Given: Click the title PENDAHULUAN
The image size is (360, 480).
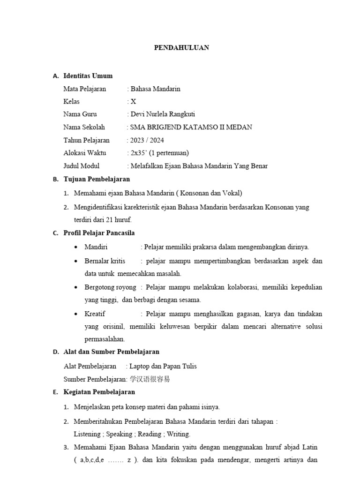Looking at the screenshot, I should [181, 48].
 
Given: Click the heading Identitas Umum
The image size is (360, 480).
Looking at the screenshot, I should [88, 76].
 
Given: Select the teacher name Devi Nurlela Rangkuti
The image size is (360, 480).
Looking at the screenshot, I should [163, 114].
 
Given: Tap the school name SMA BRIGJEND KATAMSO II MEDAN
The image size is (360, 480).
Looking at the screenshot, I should [191, 127].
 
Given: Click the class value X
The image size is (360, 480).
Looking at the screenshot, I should [133, 102].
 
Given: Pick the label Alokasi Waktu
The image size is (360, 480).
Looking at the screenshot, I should [84, 153].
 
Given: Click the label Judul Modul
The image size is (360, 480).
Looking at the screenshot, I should [82, 166].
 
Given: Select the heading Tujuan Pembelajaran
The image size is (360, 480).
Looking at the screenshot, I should [97, 179].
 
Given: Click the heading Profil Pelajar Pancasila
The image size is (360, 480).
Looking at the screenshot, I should [99, 233].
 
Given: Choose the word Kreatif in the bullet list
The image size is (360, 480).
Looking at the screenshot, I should [95, 314].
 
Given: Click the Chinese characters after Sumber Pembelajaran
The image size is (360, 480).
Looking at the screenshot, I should [150, 379].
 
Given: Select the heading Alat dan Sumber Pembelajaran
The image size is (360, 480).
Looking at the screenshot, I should [111, 352].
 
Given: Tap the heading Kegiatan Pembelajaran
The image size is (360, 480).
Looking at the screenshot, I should [99, 392].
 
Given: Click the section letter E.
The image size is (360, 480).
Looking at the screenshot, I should [55, 392].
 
